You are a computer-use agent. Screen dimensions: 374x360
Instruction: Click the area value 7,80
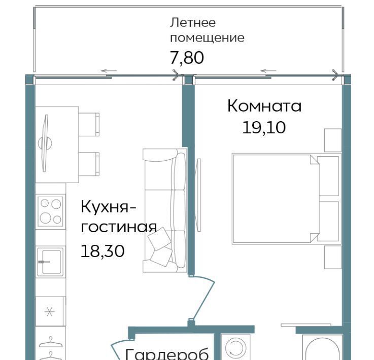click(187, 58)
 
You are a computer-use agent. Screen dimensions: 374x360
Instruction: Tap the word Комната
click(264, 106)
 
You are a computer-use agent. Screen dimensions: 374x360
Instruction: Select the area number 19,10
click(264, 127)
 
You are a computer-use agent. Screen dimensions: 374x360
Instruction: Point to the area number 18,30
click(103, 251)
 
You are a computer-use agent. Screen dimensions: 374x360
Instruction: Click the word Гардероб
click(167, 354)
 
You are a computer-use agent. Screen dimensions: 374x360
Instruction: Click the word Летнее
click(193, 23)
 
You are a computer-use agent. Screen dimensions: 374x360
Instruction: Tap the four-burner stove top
click(51, 211)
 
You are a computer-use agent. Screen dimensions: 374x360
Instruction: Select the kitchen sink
click(51, 262)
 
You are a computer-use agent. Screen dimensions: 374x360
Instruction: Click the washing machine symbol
click(235, 347)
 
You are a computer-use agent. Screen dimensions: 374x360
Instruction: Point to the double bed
click(286, 199)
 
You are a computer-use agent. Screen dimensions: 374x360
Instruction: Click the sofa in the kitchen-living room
click(165, 210)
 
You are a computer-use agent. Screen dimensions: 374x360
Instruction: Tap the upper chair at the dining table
click(89, 125)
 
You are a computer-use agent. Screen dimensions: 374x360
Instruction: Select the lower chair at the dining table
click(89, 164)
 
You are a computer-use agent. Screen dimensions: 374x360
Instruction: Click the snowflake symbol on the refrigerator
click(50, 311)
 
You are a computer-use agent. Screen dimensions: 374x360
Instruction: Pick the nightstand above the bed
click(333, 140)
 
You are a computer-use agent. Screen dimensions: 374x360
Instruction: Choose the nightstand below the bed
click(333, 257)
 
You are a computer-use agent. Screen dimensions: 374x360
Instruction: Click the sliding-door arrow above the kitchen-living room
click(109, 71)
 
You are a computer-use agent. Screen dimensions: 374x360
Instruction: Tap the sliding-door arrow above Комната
click(268, 71)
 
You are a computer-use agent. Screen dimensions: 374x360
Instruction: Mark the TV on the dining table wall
click(45, 143)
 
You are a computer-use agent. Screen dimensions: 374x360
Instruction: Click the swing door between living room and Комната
click(203, 298)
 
